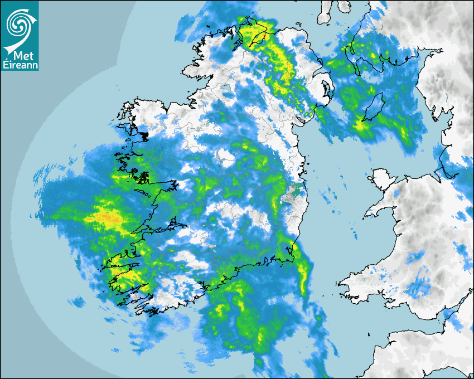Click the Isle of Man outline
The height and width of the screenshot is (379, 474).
pyautogui.click(x=374, y=107)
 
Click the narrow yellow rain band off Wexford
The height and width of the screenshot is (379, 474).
pyautogui.click(x=303, y=276)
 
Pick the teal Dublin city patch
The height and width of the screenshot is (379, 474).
pyautogui.click(x=296, y=192)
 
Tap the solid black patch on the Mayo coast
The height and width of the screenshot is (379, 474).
pyautogui.click(x=144, y=135)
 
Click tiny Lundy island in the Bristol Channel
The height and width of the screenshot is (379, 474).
pyautogui.click(x=369, y=333)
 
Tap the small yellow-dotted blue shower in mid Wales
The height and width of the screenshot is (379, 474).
pyautogui.click(x=413, y=257)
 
